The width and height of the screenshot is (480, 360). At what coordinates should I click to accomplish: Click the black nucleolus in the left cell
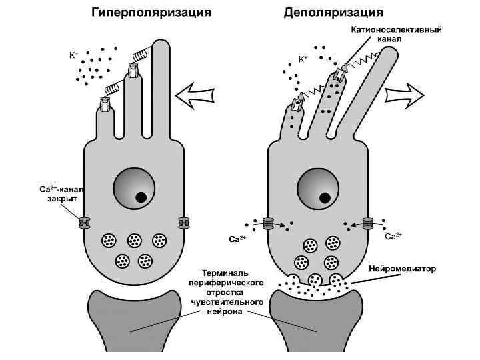(141, 197)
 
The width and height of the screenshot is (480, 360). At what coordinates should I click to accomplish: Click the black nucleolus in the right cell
(325, 197)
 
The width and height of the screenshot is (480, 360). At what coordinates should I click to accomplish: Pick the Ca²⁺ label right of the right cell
(393, 237)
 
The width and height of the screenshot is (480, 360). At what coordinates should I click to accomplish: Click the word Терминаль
(225, 273)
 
